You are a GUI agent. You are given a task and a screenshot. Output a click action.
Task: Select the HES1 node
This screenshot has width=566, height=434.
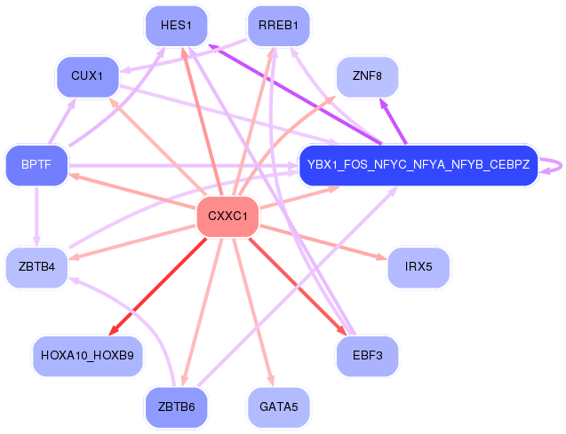[x=176, y=25]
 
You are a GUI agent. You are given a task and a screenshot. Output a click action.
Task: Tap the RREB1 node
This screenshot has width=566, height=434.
[x=278, y=25]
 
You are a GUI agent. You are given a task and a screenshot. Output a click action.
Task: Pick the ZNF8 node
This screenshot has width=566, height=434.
[x=366, y=77]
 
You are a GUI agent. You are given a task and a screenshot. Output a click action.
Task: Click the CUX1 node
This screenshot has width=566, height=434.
[x=87, y=77]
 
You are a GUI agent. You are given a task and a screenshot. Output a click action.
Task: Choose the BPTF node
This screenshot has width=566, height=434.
[x=36, y=165]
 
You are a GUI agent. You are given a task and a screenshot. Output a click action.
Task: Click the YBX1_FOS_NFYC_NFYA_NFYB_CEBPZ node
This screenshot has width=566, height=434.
[x=418, y=165]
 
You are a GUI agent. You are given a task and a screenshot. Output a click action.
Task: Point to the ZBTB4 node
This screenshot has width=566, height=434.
[x=36, y=267]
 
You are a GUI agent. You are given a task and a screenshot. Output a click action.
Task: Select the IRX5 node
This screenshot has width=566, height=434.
[x=418, y=267]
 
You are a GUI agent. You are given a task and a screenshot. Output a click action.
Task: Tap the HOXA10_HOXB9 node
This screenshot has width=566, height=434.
[x=87, y=356]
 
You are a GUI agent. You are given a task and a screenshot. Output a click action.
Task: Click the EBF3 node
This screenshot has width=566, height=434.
[x=366, y=356]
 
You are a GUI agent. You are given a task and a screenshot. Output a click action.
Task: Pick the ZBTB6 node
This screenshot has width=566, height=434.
[x=176, y=407]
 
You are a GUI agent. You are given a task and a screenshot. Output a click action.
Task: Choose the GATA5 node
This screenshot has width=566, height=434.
[x=278, y=407]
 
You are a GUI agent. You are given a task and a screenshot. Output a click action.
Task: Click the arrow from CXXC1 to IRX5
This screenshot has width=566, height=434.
[x=320, y=241]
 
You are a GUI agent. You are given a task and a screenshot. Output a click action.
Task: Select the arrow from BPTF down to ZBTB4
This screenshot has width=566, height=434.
[x=36, y=216]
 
